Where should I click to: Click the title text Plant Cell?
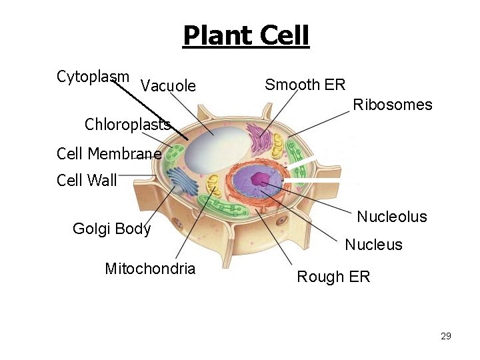click(x=246, y=35)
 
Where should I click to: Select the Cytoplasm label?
click(x=93, y=76)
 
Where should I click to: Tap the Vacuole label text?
click(x=169, y=86)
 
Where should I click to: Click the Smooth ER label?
click(x=305, y=85)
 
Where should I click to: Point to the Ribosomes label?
click(x=392, y=105)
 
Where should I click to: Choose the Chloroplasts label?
click(x=127, y=124)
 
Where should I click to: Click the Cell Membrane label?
click(x=109, y=154)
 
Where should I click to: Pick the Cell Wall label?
click(x=87, y=180)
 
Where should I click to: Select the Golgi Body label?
click(x=111, y=229)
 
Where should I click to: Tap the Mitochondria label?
click(x=150, y=269)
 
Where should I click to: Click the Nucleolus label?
click(x=392, y=217)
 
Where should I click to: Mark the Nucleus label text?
click(x=373, y=245)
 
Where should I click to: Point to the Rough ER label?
click(x=333, y=277)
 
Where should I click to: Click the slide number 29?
click(x=446, y=336)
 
